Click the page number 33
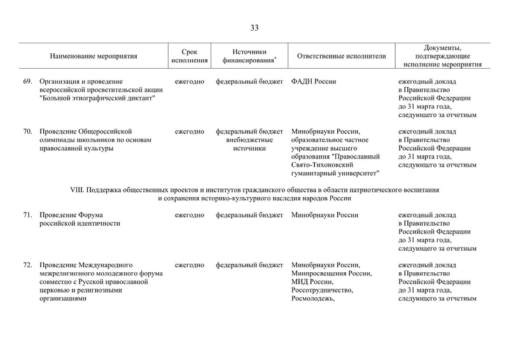click(254, 27)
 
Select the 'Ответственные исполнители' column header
click(341, 56)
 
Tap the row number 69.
click(27, 81)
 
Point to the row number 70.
click(27, 131)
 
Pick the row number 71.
click(27, 215)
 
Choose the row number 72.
click(27, 265)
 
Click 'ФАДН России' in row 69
click(314, 81)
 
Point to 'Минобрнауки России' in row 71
click(324, 215)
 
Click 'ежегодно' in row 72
click(190, 265)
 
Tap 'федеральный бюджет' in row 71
click(249, 215)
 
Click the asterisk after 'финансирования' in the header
click(275, 59)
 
